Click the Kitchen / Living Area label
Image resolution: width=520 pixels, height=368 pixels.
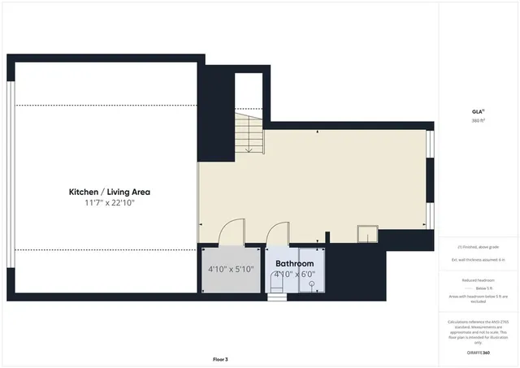(x=109, y=193)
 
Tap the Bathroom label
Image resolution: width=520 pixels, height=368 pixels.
(x=294, y=264)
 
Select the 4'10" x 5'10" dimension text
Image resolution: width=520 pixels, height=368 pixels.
(x=232, y=269)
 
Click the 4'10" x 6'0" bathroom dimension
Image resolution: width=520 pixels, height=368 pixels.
(x=294, y=275)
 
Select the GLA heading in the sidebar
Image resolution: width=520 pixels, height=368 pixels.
(x=478, y=112)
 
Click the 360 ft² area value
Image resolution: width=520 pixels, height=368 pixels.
(x=478, y=121)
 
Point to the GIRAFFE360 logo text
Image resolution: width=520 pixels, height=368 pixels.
(x=478, y=353)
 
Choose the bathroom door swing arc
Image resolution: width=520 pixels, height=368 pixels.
(x=279, y=234)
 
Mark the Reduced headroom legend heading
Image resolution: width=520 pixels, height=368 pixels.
(x=478, y=279)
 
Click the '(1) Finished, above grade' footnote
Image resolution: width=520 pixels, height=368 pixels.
(x=478, y=246)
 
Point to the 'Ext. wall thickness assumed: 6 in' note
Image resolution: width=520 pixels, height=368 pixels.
(x=478, y=259)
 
